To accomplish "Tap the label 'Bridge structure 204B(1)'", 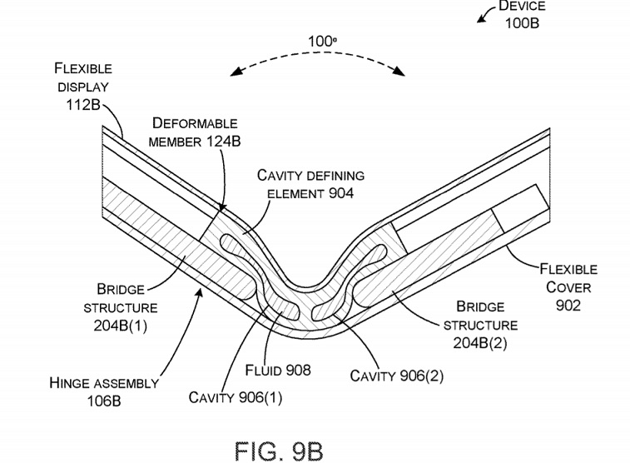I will click(x=122, y=306).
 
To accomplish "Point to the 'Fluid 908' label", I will click(x=279, y=370).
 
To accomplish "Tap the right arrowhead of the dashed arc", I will click(x=404, y=72).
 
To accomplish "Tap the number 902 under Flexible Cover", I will click(x=568, y=305).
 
